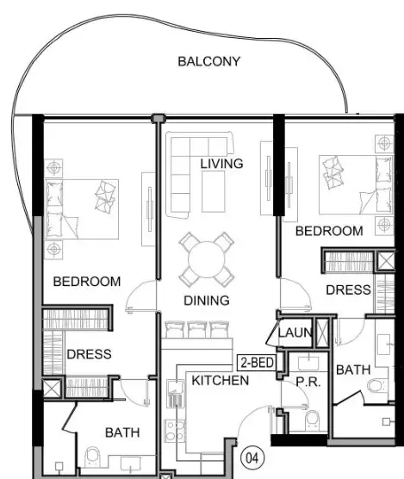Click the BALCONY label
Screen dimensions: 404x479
point(208,61)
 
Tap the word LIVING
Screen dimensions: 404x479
point(221,164)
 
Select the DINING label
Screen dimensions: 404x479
point(207,301)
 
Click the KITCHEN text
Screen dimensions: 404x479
point(221,380)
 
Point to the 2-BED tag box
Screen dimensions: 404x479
point(257,363)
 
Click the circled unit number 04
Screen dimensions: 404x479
point(252,458)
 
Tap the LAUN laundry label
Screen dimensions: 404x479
point(295,333)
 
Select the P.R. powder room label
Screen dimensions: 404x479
point(308,382)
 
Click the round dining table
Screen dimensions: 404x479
point(207,259)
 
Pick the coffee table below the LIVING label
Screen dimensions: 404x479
point(214,191)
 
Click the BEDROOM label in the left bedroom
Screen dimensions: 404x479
point(87,282)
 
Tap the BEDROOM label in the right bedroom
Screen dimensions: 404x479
point(329,231)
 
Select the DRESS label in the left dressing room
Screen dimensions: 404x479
point(89,354)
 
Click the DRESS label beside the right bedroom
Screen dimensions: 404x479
point(348,290)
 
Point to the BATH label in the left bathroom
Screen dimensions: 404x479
point(122,432)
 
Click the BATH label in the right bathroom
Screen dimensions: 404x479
point(353,370)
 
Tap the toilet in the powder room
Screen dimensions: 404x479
point(313,419)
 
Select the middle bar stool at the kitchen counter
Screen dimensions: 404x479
point(197,329)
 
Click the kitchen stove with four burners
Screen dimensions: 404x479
point(175,431)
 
